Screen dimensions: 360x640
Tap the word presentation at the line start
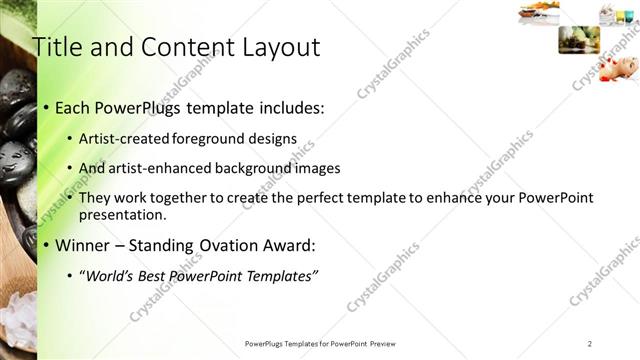[x=122, y=215]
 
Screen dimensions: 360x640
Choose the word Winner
[x=83, y=245]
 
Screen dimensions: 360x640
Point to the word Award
[x=288, y=245]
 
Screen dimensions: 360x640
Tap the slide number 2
[x=590, y=343]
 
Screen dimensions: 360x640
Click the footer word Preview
[x=390, y=343]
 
